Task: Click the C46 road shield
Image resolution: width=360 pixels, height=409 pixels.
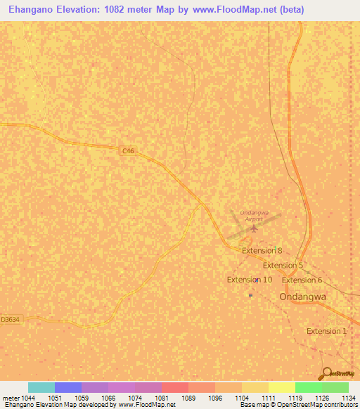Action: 127,150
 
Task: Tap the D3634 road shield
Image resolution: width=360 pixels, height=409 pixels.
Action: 11,319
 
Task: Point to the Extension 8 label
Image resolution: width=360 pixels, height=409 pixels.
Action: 262,250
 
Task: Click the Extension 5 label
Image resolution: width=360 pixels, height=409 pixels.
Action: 283,266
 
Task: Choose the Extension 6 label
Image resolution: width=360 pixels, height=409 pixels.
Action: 302,280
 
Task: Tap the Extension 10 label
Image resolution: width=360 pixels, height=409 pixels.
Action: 250,280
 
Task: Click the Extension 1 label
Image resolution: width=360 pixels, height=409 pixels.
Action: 327,331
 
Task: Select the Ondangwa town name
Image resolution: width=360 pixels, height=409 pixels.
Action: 304,297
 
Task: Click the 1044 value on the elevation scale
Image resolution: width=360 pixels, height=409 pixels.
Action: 27,398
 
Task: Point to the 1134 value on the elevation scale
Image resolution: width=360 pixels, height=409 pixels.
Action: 347,398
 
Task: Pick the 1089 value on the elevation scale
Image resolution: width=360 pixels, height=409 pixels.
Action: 188,398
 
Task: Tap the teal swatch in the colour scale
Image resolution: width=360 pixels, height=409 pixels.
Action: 41,387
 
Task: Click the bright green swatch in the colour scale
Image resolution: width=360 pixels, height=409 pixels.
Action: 308,387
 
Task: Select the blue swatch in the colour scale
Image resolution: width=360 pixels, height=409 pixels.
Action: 67,387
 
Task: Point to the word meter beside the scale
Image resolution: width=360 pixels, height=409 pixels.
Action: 11,398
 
